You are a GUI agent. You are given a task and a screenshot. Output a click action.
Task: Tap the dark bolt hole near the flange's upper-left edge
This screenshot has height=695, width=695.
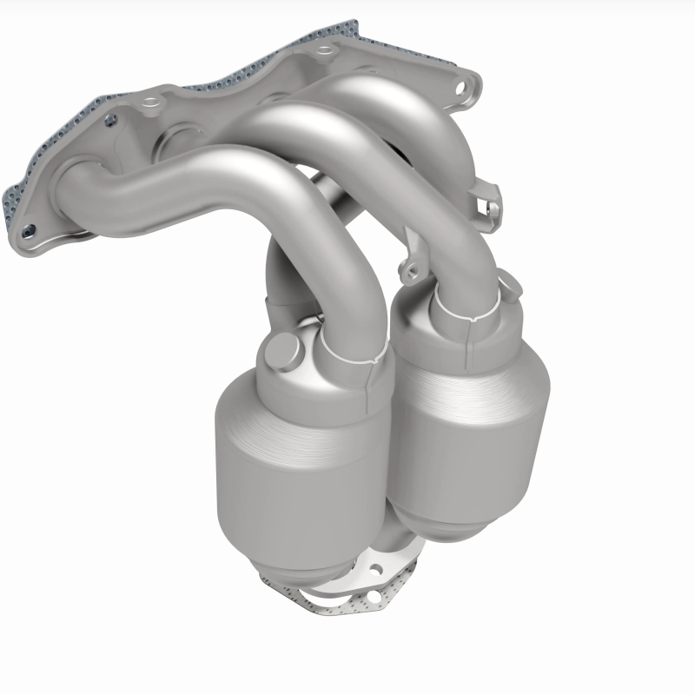[112, 120]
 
